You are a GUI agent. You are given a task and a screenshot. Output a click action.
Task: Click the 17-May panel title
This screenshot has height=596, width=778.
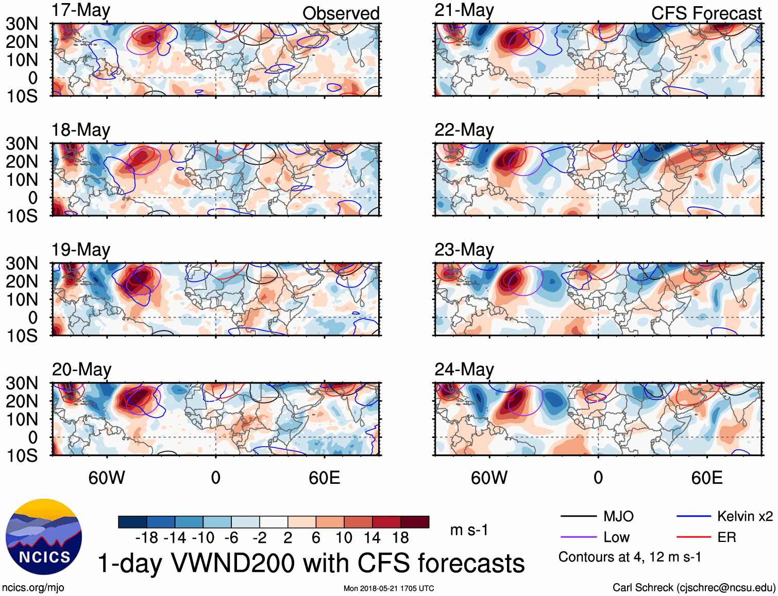pyautogui.click(x=81, y=10)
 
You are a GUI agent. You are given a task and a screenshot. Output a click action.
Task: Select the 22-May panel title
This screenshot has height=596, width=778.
pyautogui.click(x=464, y=130)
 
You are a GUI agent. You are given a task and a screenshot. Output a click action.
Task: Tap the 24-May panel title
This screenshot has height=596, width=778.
pyautogui.click(x=464, y=370)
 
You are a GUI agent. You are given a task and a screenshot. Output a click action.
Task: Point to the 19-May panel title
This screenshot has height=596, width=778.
pyautogui.click(x=81, y=250)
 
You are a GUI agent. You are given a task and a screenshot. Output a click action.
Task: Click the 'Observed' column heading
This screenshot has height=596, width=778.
pyautogui.click(x=341, y=13)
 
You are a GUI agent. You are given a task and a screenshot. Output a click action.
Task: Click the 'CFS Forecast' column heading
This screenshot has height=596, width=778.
pyautogui.click(x=706, y=13)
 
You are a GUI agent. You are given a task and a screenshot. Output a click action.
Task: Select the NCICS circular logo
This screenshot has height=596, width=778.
pyautogui.click(x=44, y=537)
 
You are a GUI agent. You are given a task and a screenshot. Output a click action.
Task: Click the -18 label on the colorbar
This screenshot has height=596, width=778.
pyautogui.click(x=147, y=538)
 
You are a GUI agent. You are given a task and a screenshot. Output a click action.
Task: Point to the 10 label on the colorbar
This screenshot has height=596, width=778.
pyautogui.click(x=344, y=538)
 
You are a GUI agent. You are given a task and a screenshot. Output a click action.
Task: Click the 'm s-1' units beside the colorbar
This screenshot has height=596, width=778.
pyautogui.click(x=469, y=530)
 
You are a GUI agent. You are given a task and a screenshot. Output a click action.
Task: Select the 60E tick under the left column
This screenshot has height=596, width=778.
pyautogui.click(x=324, y=478)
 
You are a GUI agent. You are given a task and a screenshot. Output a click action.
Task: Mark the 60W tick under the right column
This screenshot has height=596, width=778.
pyautogui.click(x=489, y=478)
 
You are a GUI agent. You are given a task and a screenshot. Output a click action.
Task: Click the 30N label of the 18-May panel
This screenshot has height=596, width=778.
pyautogui.click(x=22, y=144)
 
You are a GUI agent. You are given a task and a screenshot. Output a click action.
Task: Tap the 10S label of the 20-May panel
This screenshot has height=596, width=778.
pyautogui.click(x=22, y=455)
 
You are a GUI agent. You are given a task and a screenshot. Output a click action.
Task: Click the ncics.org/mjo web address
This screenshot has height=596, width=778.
pyautogui.click(x=33, y=588)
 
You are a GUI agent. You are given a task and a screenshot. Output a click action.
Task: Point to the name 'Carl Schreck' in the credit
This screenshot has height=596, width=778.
pyautogui.click(x=642, y=588)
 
